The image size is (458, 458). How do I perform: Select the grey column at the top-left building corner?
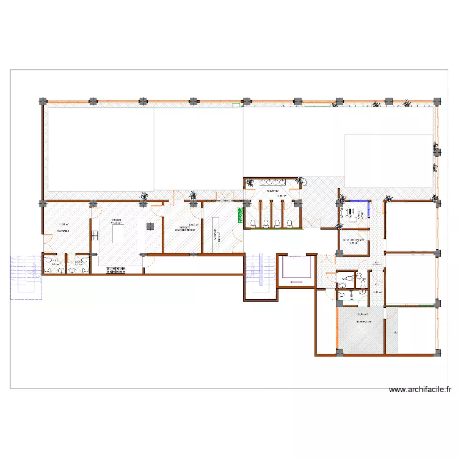pos(42,101)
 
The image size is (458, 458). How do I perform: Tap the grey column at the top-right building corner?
pos(437,101)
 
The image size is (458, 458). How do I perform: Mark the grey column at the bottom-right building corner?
pos(437,352)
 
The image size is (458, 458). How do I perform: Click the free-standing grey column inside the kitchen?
pos(149,227)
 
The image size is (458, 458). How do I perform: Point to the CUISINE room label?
pos(115,220)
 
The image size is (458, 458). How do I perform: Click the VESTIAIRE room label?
pos(64,231)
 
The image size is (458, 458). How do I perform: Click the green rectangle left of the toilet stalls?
pos(240,215)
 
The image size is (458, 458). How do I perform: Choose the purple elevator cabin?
pos(295,269)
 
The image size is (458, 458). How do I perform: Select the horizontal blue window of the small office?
pos(355,202)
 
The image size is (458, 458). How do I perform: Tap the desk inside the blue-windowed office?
pos(352,213)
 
